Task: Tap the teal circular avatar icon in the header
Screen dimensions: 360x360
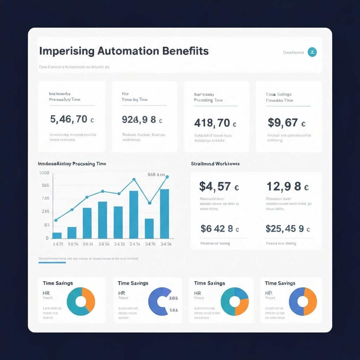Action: (x=312, y=52)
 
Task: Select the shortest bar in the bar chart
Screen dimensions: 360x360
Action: (x=57, y=236)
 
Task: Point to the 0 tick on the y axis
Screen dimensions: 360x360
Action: (x=47, y=238)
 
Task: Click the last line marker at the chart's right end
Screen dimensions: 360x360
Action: (x=167, y=177)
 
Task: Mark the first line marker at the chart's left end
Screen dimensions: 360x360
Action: (x=56, y=220)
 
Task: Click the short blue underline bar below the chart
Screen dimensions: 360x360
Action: (x=52, y=262)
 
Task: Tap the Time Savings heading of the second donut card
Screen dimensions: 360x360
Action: (x=133, y=283)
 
